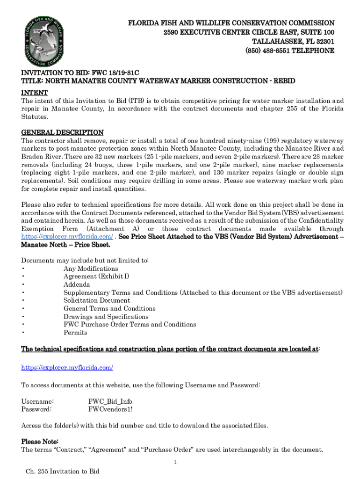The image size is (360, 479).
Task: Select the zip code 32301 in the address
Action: pos(325,41)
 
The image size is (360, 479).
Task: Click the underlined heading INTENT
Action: pos(34,93)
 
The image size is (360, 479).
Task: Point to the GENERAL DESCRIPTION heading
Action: pos(62,132)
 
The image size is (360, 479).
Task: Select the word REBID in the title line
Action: pos(282,81)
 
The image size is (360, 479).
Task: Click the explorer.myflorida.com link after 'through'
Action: pos(67,237)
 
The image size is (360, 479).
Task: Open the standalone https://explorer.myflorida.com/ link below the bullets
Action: pos(67,368)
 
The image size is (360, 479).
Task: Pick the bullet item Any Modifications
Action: pos(91,269)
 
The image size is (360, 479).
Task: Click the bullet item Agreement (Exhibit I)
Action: pos(96,276)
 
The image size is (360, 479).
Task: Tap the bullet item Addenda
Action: pos(77,284)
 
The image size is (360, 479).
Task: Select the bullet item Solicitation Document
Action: pos(97,300)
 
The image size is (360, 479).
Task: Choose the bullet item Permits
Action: pos(75,333)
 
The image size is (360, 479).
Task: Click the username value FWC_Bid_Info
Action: pos(110,401)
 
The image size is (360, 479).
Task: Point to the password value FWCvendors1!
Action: pos(110,409)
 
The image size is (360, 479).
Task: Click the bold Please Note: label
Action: pos(40,442)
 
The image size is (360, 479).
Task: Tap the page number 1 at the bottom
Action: pos(174,463)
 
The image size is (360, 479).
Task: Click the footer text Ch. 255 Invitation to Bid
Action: pos(63,471)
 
